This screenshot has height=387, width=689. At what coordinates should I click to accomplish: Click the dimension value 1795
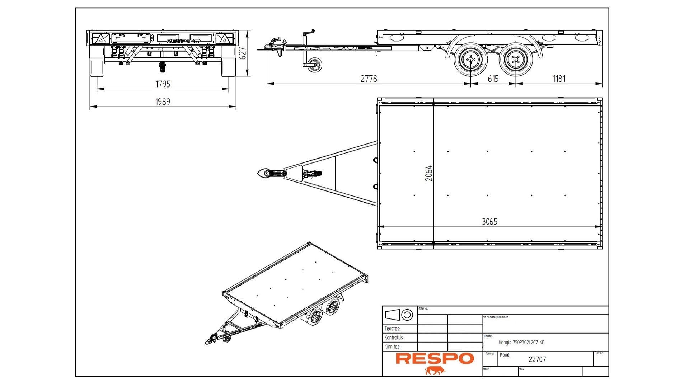(x=163, y=84)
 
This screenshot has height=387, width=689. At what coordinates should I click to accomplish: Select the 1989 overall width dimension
(x=163, y=102)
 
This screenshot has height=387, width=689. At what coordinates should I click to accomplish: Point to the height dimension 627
(x=243, y=53)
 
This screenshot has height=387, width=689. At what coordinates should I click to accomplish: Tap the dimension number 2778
(x=369, y=79)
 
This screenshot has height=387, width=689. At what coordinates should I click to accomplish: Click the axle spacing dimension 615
(x=493, y=79)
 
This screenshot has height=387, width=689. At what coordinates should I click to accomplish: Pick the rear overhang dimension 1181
(x=559, y=79)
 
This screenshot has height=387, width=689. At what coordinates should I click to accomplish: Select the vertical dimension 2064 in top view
(x=428, y=173)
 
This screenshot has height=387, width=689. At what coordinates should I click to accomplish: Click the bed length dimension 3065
(x=489, y=222)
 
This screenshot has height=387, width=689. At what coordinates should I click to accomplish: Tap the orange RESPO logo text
(x=435, y=358)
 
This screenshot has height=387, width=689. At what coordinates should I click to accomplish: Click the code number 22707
(x=537, y=359)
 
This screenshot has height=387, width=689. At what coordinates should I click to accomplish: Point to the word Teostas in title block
(x=392, y=329)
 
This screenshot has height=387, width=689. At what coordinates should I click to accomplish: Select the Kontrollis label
(x=394, y=338)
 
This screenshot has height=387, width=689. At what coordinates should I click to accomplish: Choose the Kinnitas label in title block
(x=392, y=346)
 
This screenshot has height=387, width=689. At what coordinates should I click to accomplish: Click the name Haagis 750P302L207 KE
(x=521, y=343)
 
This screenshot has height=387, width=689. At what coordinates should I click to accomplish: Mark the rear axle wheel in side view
(x=516, y=60)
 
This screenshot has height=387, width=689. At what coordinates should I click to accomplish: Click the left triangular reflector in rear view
(x=101, y=39)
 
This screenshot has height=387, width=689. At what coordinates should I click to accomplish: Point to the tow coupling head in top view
(x=266, y=174)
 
